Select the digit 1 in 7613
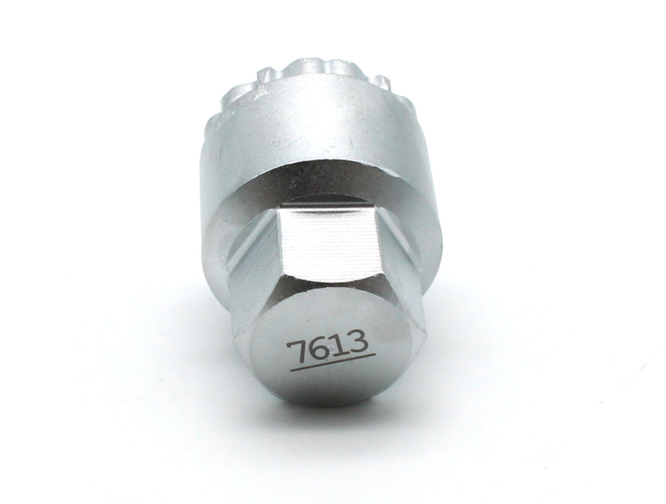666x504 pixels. [336, 346]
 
